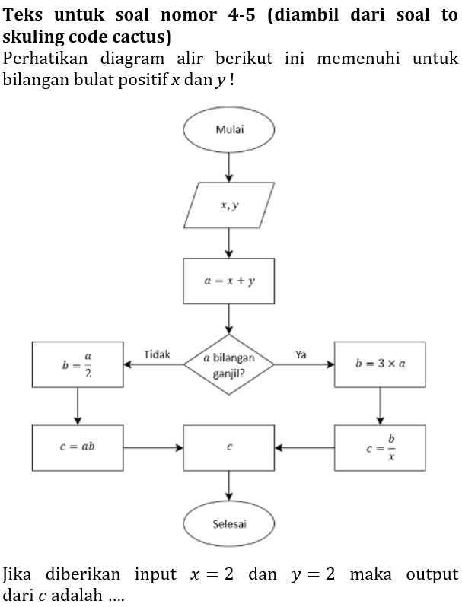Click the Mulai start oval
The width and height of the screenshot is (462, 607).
[229, 129]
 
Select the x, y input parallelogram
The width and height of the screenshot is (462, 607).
[229, 205]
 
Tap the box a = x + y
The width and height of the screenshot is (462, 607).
[229, 281]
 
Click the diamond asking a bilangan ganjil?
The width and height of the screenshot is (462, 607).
[229, 364]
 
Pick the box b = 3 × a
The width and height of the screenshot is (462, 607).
[380, 364]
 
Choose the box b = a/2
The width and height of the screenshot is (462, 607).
[78, 364]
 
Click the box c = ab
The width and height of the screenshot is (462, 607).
[78, 447]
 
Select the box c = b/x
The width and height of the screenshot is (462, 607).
[380, 447]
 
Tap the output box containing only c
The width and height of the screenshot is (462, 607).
[229, 447]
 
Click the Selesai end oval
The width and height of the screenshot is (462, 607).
[229, 523]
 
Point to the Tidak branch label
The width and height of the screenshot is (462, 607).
[157, 354]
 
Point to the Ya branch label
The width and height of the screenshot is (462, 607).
[301, 354]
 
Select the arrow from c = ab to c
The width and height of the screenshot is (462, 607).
[153, 447]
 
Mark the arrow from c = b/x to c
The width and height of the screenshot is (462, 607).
[304, 447]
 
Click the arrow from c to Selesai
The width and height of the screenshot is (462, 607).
[229, 485]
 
